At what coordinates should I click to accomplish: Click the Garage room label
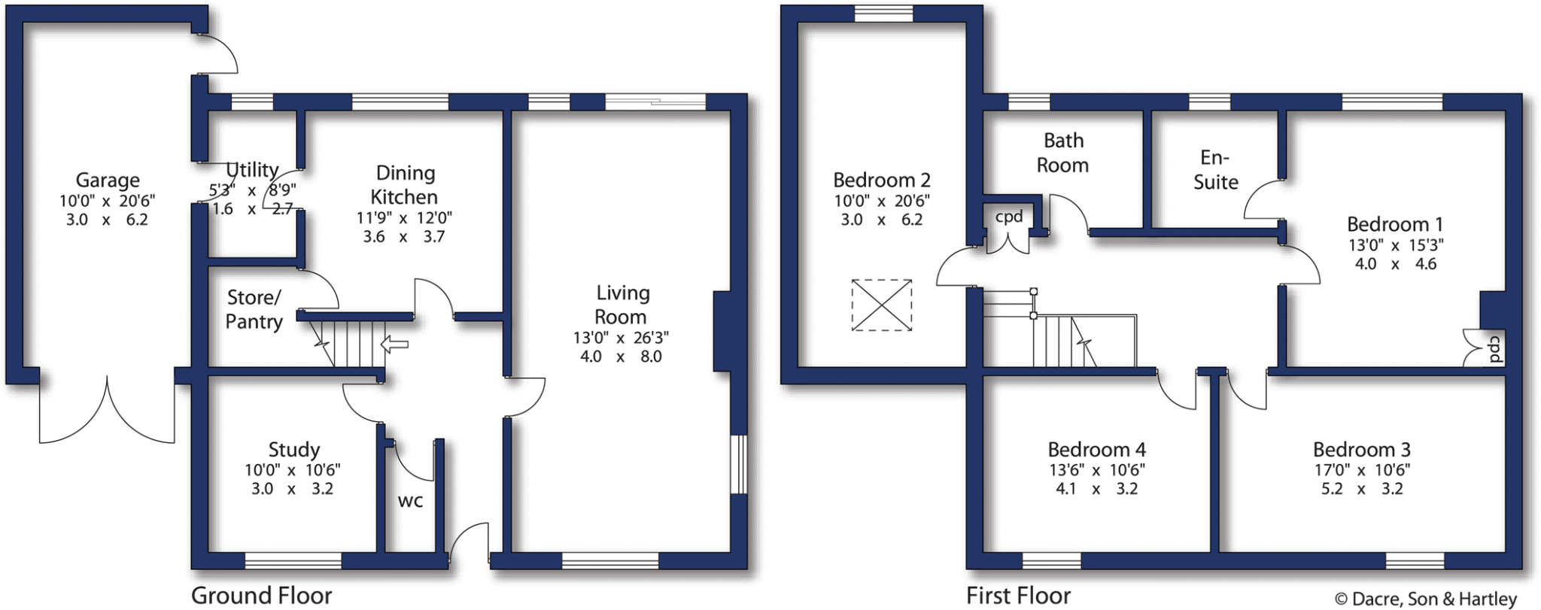[107, 181]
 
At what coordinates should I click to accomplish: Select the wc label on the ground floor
[410, 501]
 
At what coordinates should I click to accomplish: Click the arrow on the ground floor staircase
[394, 345]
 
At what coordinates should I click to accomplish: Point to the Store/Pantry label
[254, 309]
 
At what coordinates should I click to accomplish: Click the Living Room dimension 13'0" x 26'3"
[621, 338]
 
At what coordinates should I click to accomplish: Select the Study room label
[293, 450]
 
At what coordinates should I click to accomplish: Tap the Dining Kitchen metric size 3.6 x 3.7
[404, 237]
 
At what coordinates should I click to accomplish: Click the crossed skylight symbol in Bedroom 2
[882, 305]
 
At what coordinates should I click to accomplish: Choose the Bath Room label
[1062, 153]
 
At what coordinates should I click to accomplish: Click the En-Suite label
[1215, 170]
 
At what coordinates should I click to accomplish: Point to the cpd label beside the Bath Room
[1009, 217]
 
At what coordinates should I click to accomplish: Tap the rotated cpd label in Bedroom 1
[1494, 349]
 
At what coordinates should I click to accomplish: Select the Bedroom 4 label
[1096, 450]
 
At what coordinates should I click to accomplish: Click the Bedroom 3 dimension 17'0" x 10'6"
[1361, 470]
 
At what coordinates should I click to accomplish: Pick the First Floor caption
[1018, 596]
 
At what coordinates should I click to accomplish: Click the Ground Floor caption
[261, 596]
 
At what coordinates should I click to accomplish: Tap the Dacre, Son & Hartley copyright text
[1425, 599]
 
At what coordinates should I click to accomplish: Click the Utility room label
[252, 170]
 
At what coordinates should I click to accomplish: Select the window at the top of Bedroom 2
[883, 13]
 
